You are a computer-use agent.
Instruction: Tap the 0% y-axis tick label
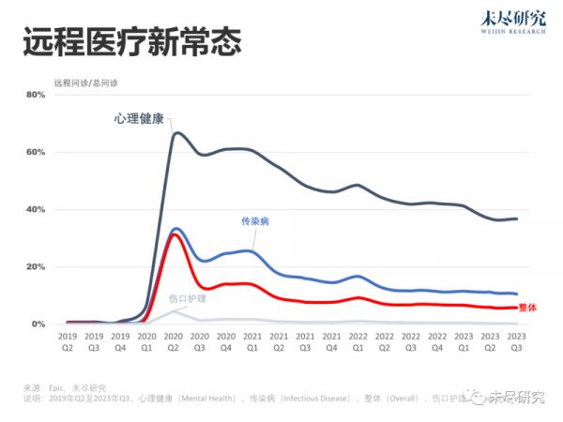[37, 324]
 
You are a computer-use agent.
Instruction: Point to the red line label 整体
[527, 307]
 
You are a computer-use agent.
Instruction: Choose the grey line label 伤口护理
[187, 298]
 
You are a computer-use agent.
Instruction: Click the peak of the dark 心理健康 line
[176, 132]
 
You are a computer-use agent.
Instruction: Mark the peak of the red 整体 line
[175, 234]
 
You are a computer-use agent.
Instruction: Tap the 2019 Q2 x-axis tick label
[68, 340]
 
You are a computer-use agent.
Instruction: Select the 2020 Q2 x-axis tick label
[173, 340]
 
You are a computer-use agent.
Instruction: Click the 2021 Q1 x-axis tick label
[252, 340]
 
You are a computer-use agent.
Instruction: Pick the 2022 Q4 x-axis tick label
[436, 340]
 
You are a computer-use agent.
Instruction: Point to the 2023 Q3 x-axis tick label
[516, 340]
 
